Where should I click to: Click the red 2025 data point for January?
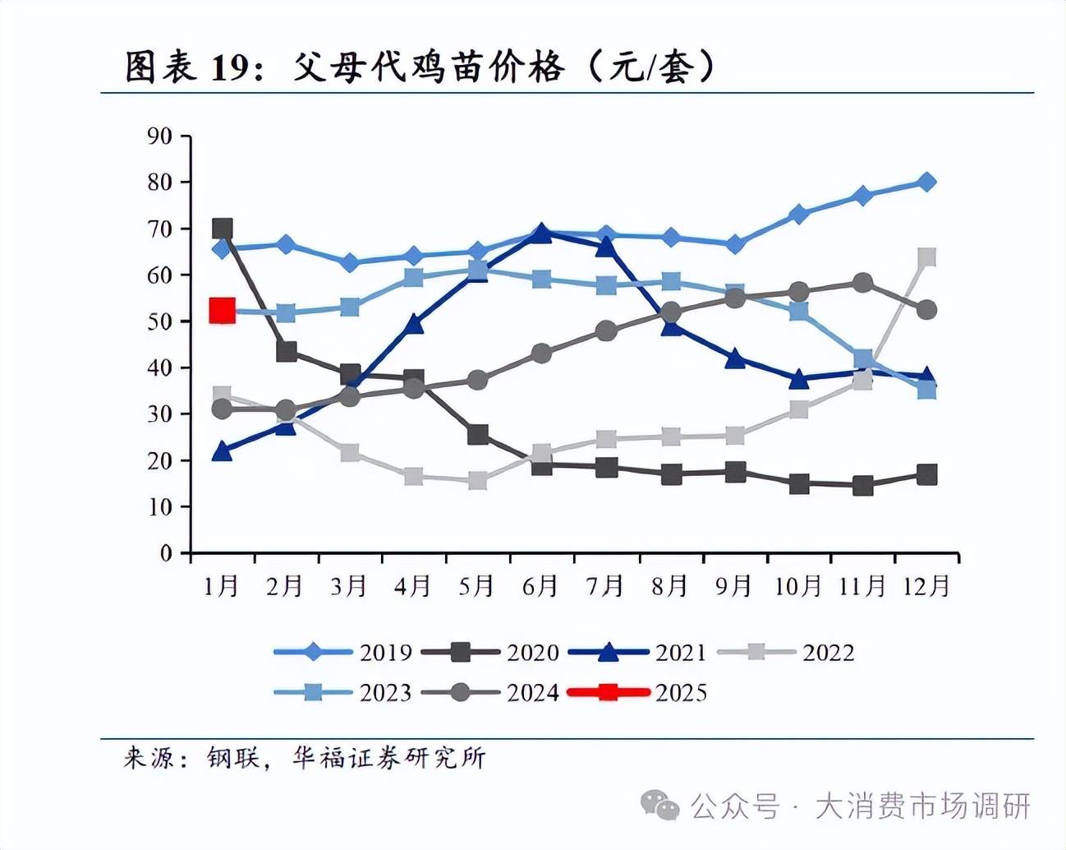[222, 311]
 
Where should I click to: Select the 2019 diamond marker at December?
[926, 182]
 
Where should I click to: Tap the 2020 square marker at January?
[222, 229]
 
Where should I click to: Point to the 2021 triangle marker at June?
[541, 233]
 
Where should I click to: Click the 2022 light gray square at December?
[926, 258]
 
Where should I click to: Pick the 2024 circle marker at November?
[862, 284]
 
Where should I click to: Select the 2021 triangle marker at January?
[222, 450]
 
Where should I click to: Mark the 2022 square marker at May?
[477, 481]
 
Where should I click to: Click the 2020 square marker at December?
[926, 474]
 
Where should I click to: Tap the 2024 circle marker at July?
[606, 331]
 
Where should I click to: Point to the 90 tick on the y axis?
[160, 136]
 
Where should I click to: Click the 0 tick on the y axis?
[167, 553]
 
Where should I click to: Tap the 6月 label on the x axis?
[540, 586]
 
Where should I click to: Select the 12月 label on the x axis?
[926, 586]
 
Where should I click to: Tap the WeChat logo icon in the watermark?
[659, 806]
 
